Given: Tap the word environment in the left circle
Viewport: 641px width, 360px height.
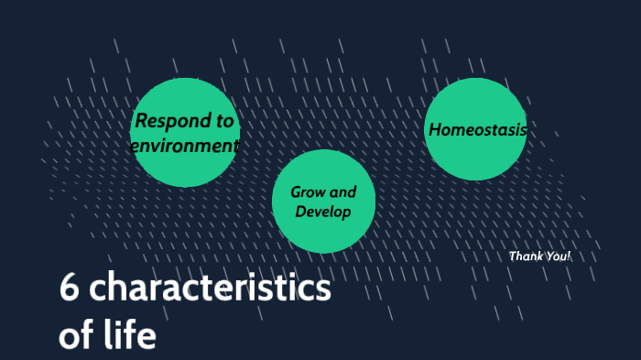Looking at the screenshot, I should tap(184, 146).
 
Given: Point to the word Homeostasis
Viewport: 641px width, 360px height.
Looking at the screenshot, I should tap(477, 130).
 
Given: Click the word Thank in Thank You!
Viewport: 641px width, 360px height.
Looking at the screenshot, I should tap(526, 256).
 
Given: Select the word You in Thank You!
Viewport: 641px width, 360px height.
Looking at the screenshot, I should tap(555, 256).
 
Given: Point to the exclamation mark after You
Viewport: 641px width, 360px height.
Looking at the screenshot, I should tap(569, 256).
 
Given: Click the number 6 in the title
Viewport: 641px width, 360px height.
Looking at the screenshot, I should tap(68, 289).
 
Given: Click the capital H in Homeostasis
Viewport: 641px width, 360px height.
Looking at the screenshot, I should tap(435, 130).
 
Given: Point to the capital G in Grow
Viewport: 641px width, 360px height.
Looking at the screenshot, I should tap(296, 192).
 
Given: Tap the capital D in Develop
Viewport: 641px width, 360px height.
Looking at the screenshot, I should tap(300, 213).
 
